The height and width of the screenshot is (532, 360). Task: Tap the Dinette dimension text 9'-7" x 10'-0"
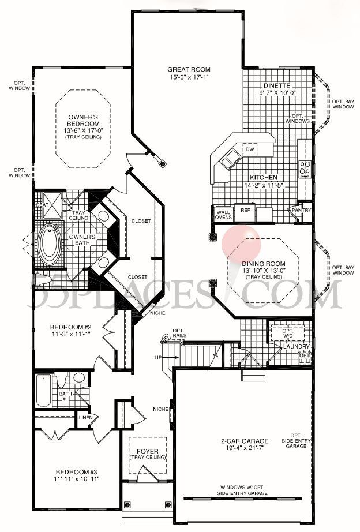[x=277, y=93]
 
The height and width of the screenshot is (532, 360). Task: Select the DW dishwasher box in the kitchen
[x=249, y=149]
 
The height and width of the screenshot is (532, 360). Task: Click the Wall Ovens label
[x=223, y=214]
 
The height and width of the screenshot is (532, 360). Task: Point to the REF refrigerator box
[x=245, y=211]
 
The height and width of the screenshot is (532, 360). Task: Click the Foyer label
[x=140, y=451]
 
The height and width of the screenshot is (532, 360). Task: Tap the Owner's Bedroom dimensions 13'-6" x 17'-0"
[x=82, y=130]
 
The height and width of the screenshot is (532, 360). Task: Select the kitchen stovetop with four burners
[x=305, y=168]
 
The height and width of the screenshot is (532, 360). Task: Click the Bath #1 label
[x=65, y=395]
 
